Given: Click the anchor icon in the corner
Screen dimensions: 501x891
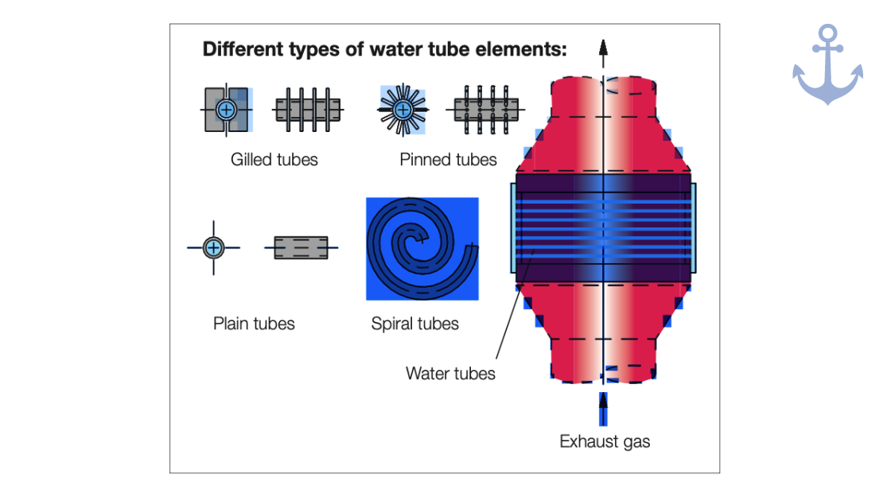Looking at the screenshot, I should click(827, 64).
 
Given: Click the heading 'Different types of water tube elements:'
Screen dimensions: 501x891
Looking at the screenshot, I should click(384, 49).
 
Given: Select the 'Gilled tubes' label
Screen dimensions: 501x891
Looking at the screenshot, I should click(274, 160).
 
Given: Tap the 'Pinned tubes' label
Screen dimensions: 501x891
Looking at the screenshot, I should click(448, 160).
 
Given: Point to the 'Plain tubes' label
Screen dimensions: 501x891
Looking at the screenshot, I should click(254, 324).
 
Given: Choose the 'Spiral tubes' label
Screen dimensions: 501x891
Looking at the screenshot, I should click(414, 324).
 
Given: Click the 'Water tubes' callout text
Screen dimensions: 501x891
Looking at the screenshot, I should click(450, 373).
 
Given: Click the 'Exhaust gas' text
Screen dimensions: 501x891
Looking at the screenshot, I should click(605, 441).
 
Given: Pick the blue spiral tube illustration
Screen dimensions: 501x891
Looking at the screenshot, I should click(422, 249).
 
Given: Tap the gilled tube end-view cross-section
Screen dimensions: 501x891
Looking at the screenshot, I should click(227, 109).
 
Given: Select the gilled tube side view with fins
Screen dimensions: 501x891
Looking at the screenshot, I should click(307, 109).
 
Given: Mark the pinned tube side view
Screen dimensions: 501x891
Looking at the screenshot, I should click(486, 109).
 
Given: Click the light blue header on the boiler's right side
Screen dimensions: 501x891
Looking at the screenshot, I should click(694, 228).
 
